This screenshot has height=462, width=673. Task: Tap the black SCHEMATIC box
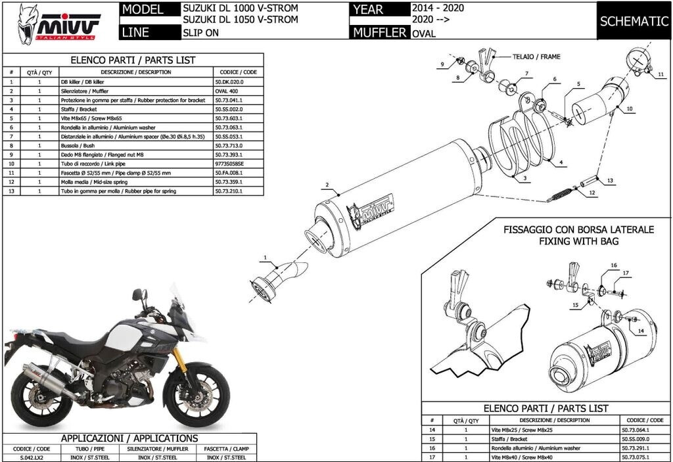634,21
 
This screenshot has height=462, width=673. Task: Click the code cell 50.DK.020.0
229,81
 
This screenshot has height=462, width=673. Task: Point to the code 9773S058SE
230,163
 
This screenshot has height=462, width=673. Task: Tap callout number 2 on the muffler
327,186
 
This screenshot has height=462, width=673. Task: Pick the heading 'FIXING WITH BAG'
579,241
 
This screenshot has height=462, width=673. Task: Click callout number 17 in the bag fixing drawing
626,272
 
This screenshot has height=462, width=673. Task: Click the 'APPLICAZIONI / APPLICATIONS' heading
129,438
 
